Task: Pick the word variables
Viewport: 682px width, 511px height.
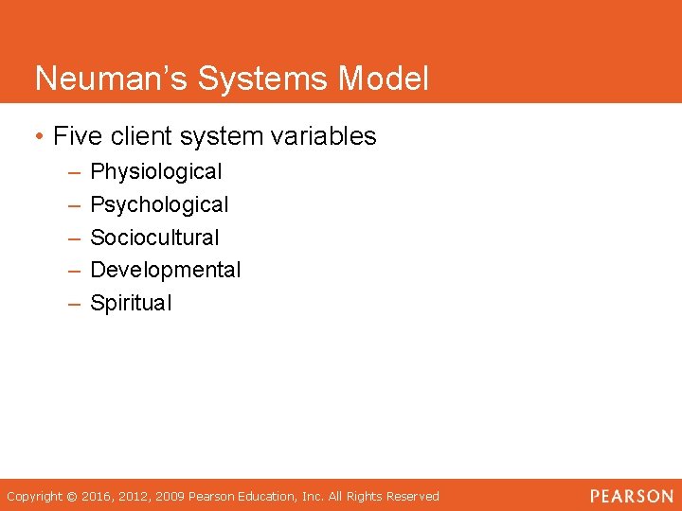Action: pyautogui.click(x=324, y=136)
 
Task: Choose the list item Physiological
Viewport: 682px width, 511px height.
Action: pyautogui.click(x=155, y=172)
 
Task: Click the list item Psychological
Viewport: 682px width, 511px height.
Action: pyautogui.click(x=159, y=204)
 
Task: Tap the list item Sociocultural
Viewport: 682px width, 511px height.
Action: pyautogui.click(x=154, y=238)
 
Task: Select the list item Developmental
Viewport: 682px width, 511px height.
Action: pyautogui.click(x=166, y=270)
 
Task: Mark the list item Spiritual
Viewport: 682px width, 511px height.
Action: pyautogui.click(x=131, y=303)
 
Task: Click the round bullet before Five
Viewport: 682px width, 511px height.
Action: pyautogui.click(x=38, y=137)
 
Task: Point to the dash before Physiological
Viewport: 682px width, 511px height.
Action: pyautogui.click(x=74, y=172)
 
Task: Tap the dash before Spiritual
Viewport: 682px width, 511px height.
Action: pyautogui.click(x=74, y=303)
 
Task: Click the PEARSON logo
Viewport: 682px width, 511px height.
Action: pyautogui.click(x=631, y=496)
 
